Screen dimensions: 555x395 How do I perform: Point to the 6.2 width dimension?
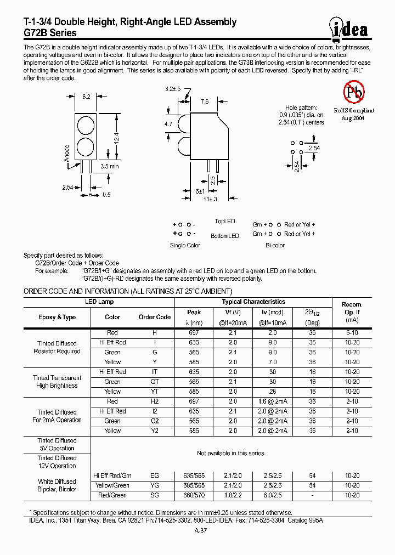click(86, 97)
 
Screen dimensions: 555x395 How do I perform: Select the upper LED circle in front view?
click(86, 125)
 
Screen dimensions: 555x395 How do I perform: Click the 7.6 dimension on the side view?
click(204, 101)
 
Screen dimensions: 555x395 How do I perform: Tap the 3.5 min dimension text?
click(110, 166)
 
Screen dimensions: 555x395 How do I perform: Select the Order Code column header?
click(154, 317)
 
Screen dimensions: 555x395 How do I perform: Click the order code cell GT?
click(154, 382)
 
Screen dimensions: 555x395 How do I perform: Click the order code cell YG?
click(154, 485)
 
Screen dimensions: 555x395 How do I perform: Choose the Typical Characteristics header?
click(253, 302)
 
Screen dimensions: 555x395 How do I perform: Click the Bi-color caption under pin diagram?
click(275, 245)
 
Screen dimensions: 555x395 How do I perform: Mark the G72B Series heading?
click(50, 32)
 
